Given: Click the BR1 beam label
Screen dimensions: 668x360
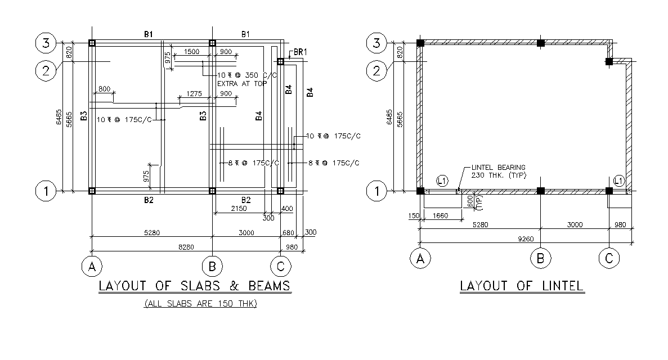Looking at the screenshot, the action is pyautogui.click(x=301, y=52).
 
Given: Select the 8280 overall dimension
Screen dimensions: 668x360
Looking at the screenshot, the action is pyautogui.click(x=186, y=247).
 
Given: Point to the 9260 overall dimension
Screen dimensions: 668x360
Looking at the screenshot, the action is pyautogui.click(x=526, y=239).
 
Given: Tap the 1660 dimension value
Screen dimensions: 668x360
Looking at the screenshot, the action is pyautogui.click(x=441, y=216).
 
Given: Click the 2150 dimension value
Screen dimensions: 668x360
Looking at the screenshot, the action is pyautogui.click(x=239, y=208).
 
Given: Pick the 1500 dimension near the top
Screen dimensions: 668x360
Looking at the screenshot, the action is pyautogui.click(x=191, y=52).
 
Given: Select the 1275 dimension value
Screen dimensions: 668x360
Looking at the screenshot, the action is pyautogui.click(x=194, y=94).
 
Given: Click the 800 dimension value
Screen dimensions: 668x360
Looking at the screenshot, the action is pyautogui.click(x=104, y=89).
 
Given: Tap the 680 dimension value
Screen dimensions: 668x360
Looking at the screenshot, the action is pyautogui.click(x=288, y=233).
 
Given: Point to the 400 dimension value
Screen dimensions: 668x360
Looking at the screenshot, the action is pyautogui.click(x=287, y=209).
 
